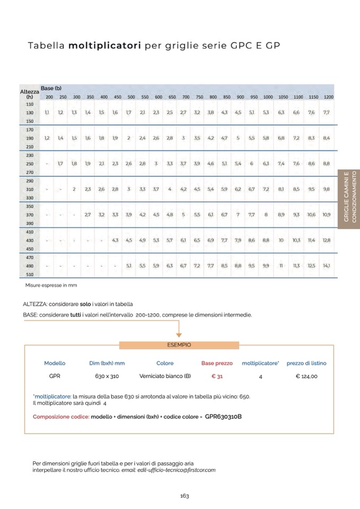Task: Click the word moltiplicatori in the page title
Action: [104, 46]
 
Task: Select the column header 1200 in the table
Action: [329, 97]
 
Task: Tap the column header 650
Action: [172, 97]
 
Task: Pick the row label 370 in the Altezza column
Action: [30, 214]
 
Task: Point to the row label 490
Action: [30, 265]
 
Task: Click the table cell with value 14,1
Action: [327, 265]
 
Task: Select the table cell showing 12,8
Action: [327, 240]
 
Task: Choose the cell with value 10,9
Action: [327, 214]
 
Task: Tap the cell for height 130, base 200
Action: [47, 113]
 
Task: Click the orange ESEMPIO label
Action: [179, 345]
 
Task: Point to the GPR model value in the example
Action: [54, 376]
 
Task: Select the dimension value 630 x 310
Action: [107, 376]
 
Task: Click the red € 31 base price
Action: [217, 376]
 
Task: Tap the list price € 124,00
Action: [306, 376]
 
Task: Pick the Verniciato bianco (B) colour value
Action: [165, 376]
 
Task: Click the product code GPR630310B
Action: [223, 417]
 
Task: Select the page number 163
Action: [184, 496]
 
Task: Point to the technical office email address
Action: [168, 470]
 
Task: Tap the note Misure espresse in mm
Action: [51, 285]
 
